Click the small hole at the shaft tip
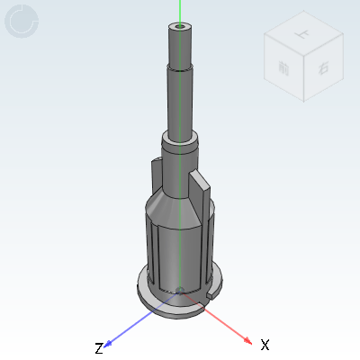(x=181, y=27)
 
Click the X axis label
(x=265, y=345)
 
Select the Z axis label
(x=99, y=347)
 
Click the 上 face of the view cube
(x=298, y=38)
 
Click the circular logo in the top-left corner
(x=23, y=22)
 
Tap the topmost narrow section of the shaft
(x=181, y=45)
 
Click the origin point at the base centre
(x=180, y=292)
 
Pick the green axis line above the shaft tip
(x=180, y=11)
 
